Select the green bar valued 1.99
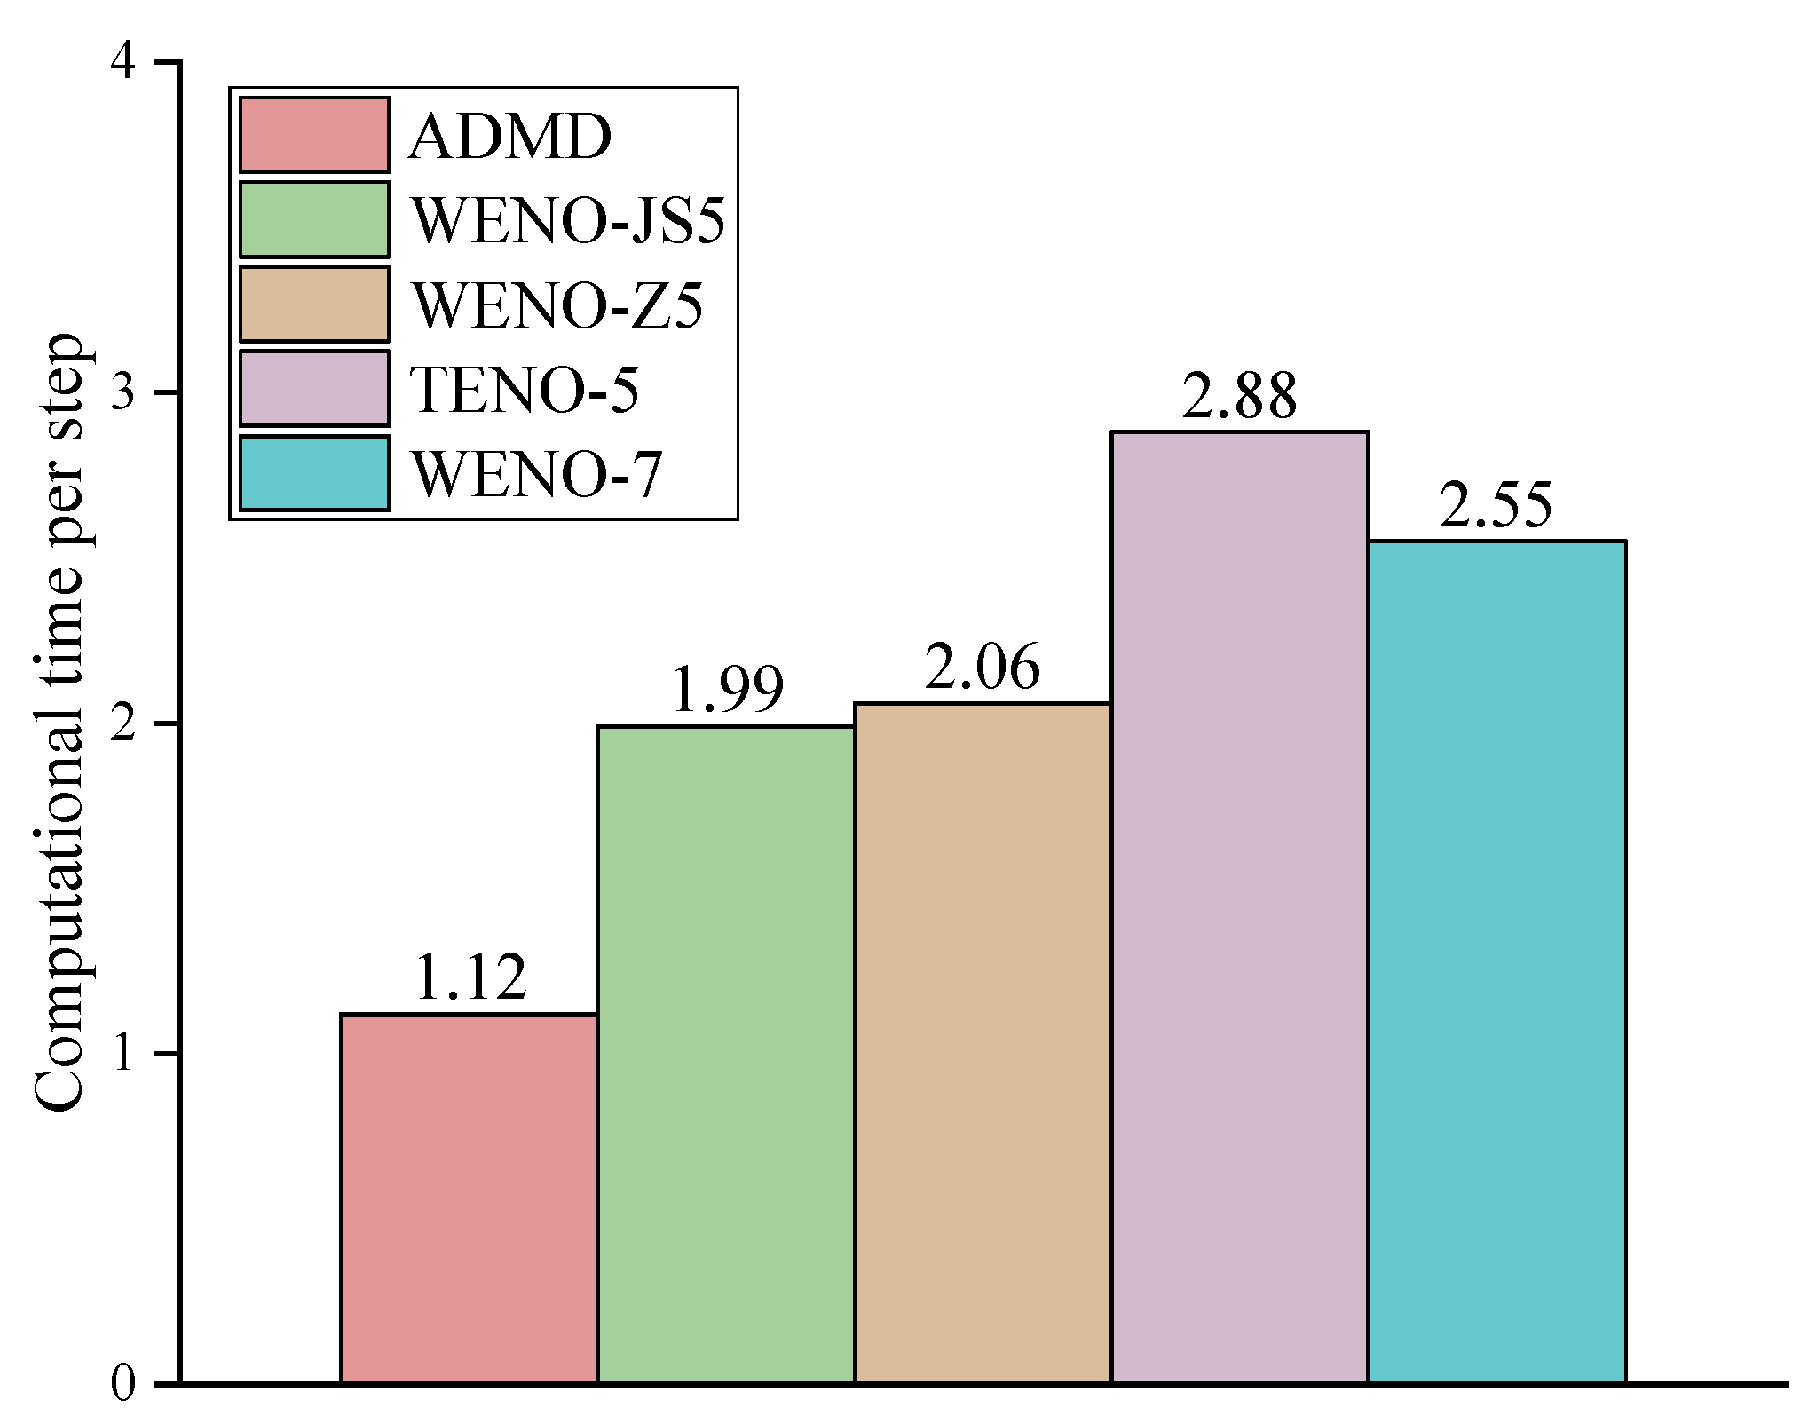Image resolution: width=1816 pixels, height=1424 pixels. [x=726, y=1066]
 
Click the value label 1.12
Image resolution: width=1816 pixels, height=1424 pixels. [x=470, y=977]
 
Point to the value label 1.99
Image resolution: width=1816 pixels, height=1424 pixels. [x=728, y=690]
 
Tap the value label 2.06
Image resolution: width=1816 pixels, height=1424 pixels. [x=982, y=667]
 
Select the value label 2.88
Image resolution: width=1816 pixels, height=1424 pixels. [x=1239, y=397]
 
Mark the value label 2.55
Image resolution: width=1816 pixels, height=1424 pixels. [x=1496, y=505]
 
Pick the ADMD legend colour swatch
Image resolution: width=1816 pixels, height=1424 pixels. [x=314, y=135]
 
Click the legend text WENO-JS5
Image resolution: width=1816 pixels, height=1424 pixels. [x=568, y=220]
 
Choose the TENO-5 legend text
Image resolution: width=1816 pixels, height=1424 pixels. [x=525, y=391]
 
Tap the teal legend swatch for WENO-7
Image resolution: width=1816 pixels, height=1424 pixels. [x=314, y=473]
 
